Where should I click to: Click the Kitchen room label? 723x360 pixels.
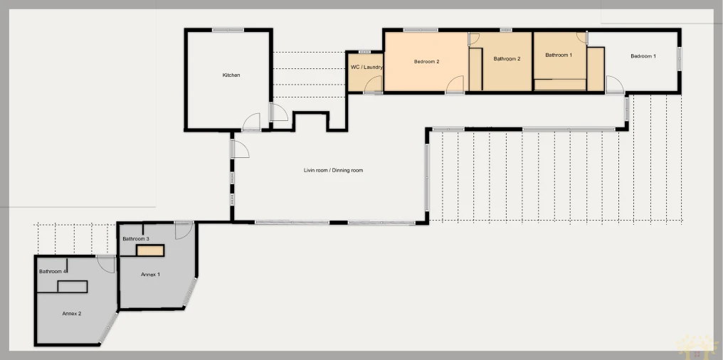[x=231, y=75]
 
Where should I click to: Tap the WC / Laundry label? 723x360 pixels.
[x=366, y=68]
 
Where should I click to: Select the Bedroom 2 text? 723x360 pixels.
[x=426, y=61]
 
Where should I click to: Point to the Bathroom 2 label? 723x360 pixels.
[x=507, y=59]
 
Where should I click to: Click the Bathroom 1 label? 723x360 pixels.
[x=559, y=55]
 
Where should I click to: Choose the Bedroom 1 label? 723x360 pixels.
[x=643, y=56]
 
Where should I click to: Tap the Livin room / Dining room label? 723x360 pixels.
[x=333, y=171]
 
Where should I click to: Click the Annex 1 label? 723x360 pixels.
[x=150, y=275]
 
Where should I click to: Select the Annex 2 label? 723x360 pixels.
[x=71, y=314]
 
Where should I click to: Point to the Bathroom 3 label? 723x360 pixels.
[x=135, y=239]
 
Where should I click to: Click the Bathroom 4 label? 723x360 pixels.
[x=53, y=272]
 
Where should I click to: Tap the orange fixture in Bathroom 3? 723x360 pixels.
[x=150, y=250]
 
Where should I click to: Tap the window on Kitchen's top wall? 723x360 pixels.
[x=228, y=30]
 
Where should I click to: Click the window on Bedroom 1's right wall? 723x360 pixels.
[x=679, y=59]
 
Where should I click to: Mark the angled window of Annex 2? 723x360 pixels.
[x=109, y=328]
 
